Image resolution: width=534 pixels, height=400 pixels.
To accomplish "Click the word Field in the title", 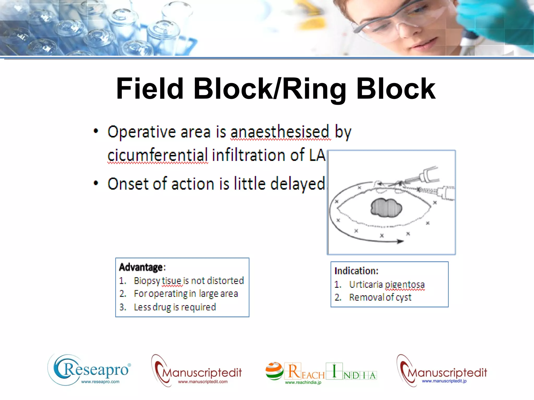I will (x=150, y=89).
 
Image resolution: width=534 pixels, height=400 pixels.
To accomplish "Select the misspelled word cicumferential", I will (x=157, y=155).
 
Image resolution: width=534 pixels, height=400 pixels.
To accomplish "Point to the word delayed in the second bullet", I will (x=297, y=184).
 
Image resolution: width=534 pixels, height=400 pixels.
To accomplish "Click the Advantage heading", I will (x=141, y=267).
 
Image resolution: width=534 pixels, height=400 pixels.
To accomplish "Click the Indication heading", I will (x=356, y=271).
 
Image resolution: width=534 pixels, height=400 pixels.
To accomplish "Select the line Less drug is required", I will (x=175, y=307).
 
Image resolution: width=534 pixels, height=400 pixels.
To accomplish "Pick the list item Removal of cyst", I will (x=380, y=297).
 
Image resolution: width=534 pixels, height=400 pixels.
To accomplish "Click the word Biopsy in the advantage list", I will (x=147, y=281).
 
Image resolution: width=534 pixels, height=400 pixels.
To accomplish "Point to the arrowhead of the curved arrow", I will (x=400, y=241).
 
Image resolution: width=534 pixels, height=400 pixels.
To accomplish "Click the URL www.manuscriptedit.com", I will (x=203, y=382).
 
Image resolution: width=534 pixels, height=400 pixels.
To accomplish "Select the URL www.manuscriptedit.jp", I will (x=444, y=381).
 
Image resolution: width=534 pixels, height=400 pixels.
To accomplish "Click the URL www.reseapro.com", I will (x=100, y=382).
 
